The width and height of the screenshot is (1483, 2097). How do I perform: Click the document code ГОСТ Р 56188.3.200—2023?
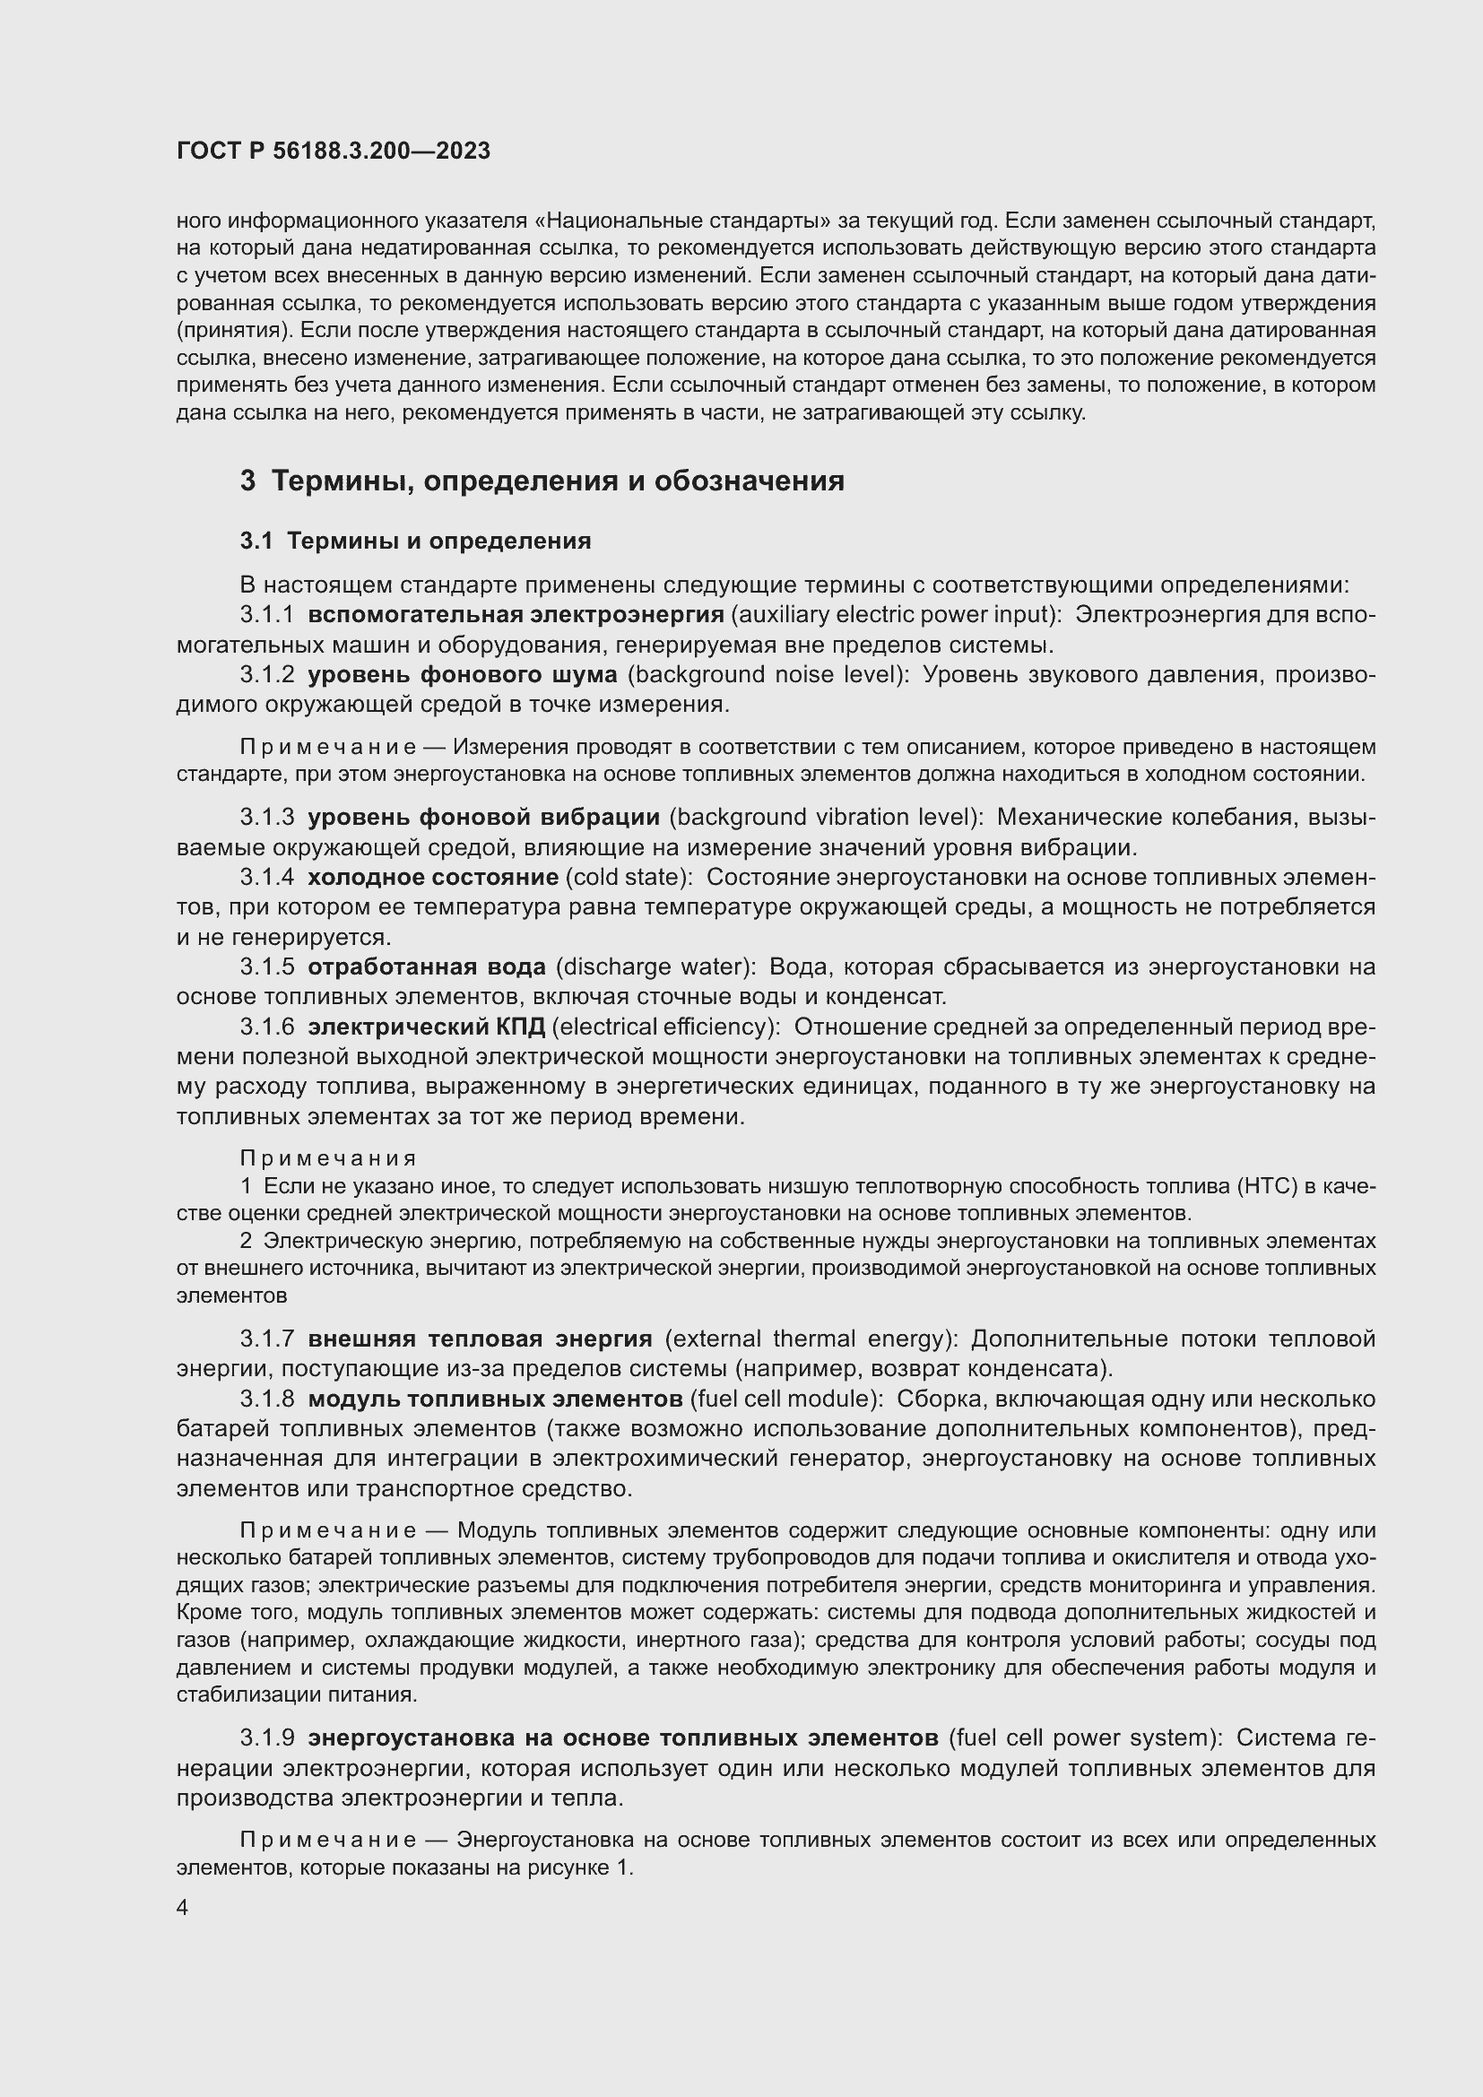[x=334, y=151]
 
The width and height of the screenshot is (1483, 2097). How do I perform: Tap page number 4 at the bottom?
[x=183, y=1908]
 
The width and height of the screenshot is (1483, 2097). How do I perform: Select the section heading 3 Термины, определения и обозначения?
[x=542, y=481]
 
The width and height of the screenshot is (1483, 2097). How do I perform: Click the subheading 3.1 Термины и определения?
[x=415, y=541]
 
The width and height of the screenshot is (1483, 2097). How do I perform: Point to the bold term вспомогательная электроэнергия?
[x=515, y=615]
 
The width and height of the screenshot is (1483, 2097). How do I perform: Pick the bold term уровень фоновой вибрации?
[x=483, y=817]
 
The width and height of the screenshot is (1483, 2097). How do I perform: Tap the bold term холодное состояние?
[x=433, y=877]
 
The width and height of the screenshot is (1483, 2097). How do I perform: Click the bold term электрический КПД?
[x=427, y=1027]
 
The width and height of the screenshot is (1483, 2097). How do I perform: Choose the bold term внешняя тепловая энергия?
[x=480, y=1339]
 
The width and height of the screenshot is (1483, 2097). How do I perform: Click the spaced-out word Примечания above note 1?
[x=329, y=1158]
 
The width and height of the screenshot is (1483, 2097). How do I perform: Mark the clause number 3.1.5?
[x=266, y=966]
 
